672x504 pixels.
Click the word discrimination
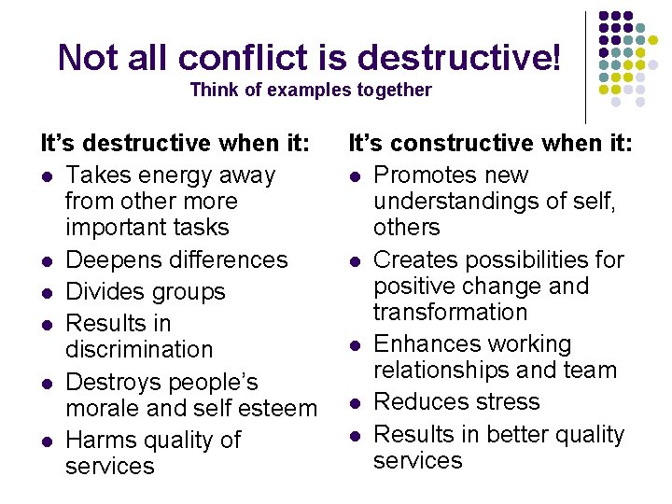point(139,349)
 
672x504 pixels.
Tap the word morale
point(102,408)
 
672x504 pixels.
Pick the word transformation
point(451,312)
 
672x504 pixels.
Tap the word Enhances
point(425,343)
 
